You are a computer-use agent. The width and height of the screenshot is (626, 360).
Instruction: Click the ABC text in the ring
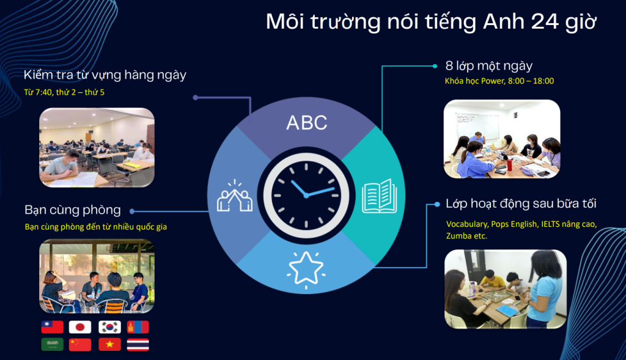click(x=307, y=122)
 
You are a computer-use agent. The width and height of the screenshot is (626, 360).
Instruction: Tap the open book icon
click(x=379, y=196)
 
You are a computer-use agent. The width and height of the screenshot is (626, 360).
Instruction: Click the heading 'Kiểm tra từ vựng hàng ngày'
click(x=105, y=75)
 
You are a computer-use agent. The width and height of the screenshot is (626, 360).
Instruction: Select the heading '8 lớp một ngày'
click(x=489, y=66)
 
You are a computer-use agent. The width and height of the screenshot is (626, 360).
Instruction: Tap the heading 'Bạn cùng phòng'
click(x=73, y=210)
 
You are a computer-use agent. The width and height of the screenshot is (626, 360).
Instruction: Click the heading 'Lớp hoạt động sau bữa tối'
click(x=521, y=204)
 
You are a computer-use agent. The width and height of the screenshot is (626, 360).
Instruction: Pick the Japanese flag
click(x=80, y=327)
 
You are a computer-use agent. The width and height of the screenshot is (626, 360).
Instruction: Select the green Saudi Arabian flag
click(x=52, y=345)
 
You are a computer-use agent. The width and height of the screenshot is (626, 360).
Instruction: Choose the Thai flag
click(x=138, y=345)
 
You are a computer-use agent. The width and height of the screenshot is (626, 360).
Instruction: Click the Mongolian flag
click(x=138, y=327)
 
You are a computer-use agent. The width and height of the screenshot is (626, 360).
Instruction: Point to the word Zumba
click(x=459, y=235)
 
